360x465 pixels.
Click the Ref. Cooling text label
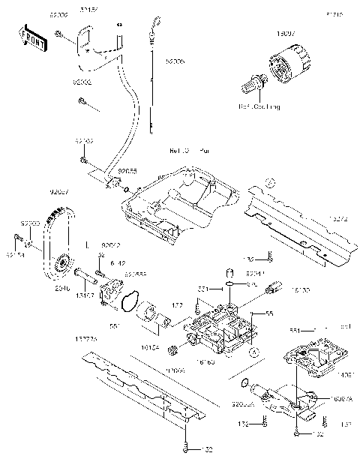pos(259,107)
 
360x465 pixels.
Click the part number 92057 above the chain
pos(59,192)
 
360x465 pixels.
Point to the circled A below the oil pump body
pos(254,350)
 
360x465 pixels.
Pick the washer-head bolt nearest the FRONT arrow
pos(58,34)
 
